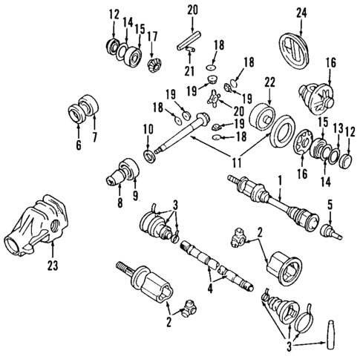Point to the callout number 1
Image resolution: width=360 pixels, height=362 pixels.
click(280, 180)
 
